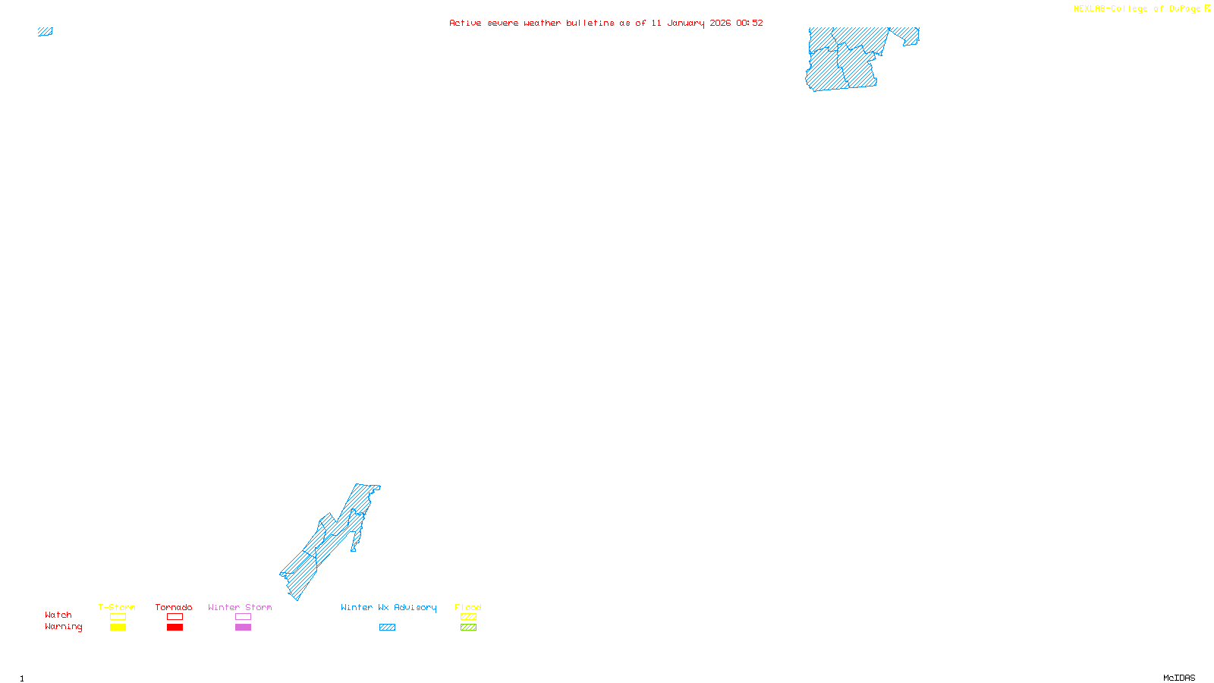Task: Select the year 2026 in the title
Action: click(x=720, y=24)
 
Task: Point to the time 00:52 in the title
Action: click(x=750, y=24)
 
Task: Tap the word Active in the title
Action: click(x=465, y=24)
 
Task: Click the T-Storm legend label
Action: click(x=117, y=607)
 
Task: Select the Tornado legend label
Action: click(x=174, y=607)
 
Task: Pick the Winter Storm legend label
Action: click(x=240, y=607)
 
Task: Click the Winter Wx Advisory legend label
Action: click(x=388, y=607)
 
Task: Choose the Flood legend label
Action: click(x=468, y=607)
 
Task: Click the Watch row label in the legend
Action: click(x=58, y=615)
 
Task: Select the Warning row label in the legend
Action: click(x=64, y=627)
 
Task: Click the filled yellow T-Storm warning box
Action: click(x=118, y=628)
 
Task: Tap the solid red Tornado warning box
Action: click(x=175, y=628)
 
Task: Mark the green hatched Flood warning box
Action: click(x=469, y=628)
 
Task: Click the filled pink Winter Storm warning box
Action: click(x=243, y=628)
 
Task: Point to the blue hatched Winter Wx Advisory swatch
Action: click(x=387, y=628)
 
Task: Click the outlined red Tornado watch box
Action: click(x=175, y=617)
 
